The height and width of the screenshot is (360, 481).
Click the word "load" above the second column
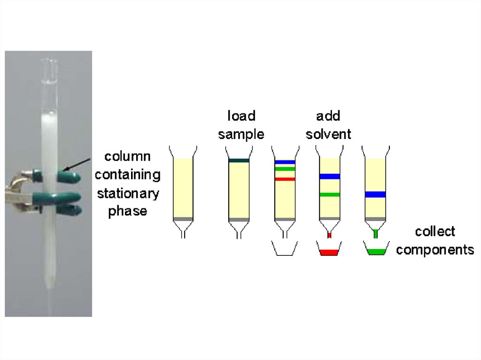(241, 116)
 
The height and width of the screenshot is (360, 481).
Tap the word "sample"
(241, 134)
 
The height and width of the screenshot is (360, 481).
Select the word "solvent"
(328, 134)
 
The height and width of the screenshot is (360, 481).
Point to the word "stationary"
(128, 193)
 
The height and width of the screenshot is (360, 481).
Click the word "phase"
(128, 211)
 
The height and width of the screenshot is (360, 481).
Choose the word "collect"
(435, 231)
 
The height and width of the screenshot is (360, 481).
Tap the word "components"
(435, 250)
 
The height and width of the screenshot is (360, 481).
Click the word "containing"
(128, 175)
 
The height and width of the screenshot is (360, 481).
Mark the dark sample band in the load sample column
(239, 161)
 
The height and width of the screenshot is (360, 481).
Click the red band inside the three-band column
(285, 179)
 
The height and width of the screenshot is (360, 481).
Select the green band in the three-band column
(285, 169)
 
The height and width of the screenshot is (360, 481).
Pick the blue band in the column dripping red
(329, 176)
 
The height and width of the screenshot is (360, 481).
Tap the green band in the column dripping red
(329, 194)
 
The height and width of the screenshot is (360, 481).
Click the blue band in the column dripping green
(375, 194)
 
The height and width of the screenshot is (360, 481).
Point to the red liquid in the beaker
(329, 253)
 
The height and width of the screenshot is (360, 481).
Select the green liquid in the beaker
(375, 252)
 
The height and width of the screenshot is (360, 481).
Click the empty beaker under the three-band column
(285, 249)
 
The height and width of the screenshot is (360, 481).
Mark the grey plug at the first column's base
(183, 219)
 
